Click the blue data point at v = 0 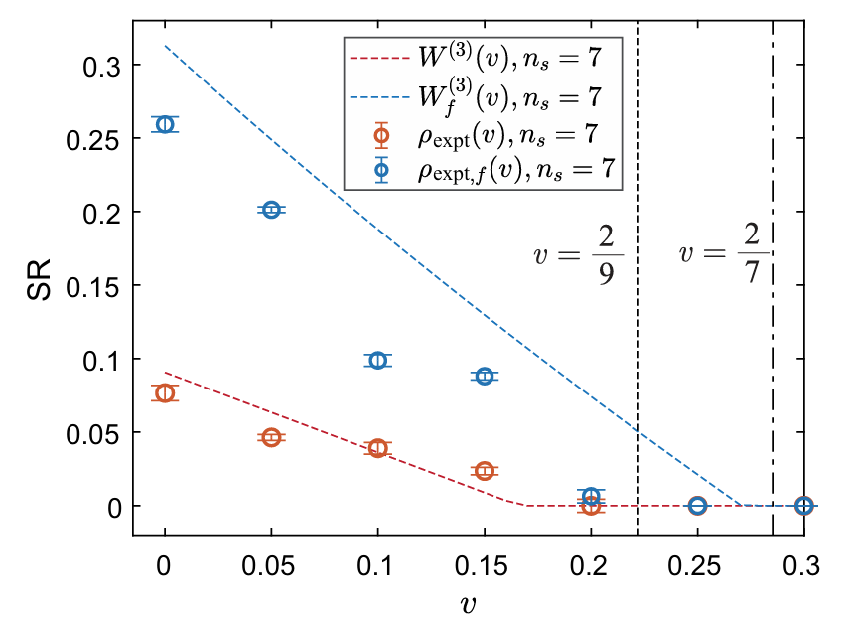point(165,124)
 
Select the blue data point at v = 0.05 point(271,210)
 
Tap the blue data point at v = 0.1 point(377,360)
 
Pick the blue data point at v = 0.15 point(484,376)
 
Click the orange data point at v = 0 point(165,393)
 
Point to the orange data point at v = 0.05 point(271,437)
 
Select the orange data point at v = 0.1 point(377,448)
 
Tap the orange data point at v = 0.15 point(484,470)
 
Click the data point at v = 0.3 point(803,506)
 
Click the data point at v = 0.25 point(697,506)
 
